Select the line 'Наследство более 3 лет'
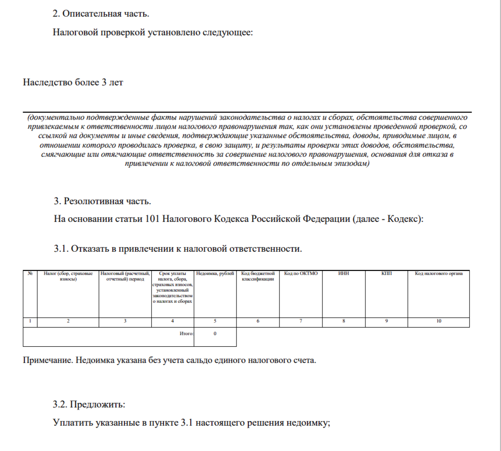pyautogui.click(x=73, y=82)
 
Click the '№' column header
pyautogui.click(x=30, y=274)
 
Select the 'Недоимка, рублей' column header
pyautogui.click(x=215, y=274)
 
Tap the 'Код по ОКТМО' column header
pyautogui.click(x=301, y=274)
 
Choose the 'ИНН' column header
pyautogui.click(x=343, y=274)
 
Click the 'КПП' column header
pyautogui.click(x=386, y=274)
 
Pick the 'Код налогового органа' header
pyautogui.click(x=438, y=274)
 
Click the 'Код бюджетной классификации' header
pyautogui.click(x=258, y=277)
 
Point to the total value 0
pyautogui.click(x=215, y=334)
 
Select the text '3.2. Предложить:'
pyautogui.click(x=88, y=404)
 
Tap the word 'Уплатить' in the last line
pyautogui.click(x=72, y=423)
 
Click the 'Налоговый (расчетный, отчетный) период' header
pyautogui.click(x=125, y=277)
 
